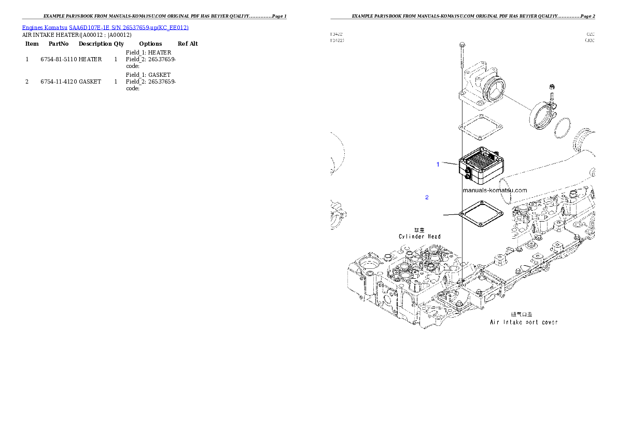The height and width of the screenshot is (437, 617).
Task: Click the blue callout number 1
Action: [x=438, y=165]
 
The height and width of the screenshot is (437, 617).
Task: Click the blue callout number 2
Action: [x=427, y=197]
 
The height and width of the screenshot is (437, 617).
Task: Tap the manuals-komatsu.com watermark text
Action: [x=494, y=190]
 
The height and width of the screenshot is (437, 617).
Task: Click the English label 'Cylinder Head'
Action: [x=419, y=237]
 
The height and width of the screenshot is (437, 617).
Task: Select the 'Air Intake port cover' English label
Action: [x=524, y=322]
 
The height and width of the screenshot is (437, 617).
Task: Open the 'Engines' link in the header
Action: [x=32, y=27]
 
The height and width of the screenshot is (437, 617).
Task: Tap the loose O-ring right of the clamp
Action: [x=562, y=128]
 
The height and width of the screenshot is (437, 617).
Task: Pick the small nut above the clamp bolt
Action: [x=552, y=87]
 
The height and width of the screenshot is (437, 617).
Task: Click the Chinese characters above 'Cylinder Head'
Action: [x=419, y=229]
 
